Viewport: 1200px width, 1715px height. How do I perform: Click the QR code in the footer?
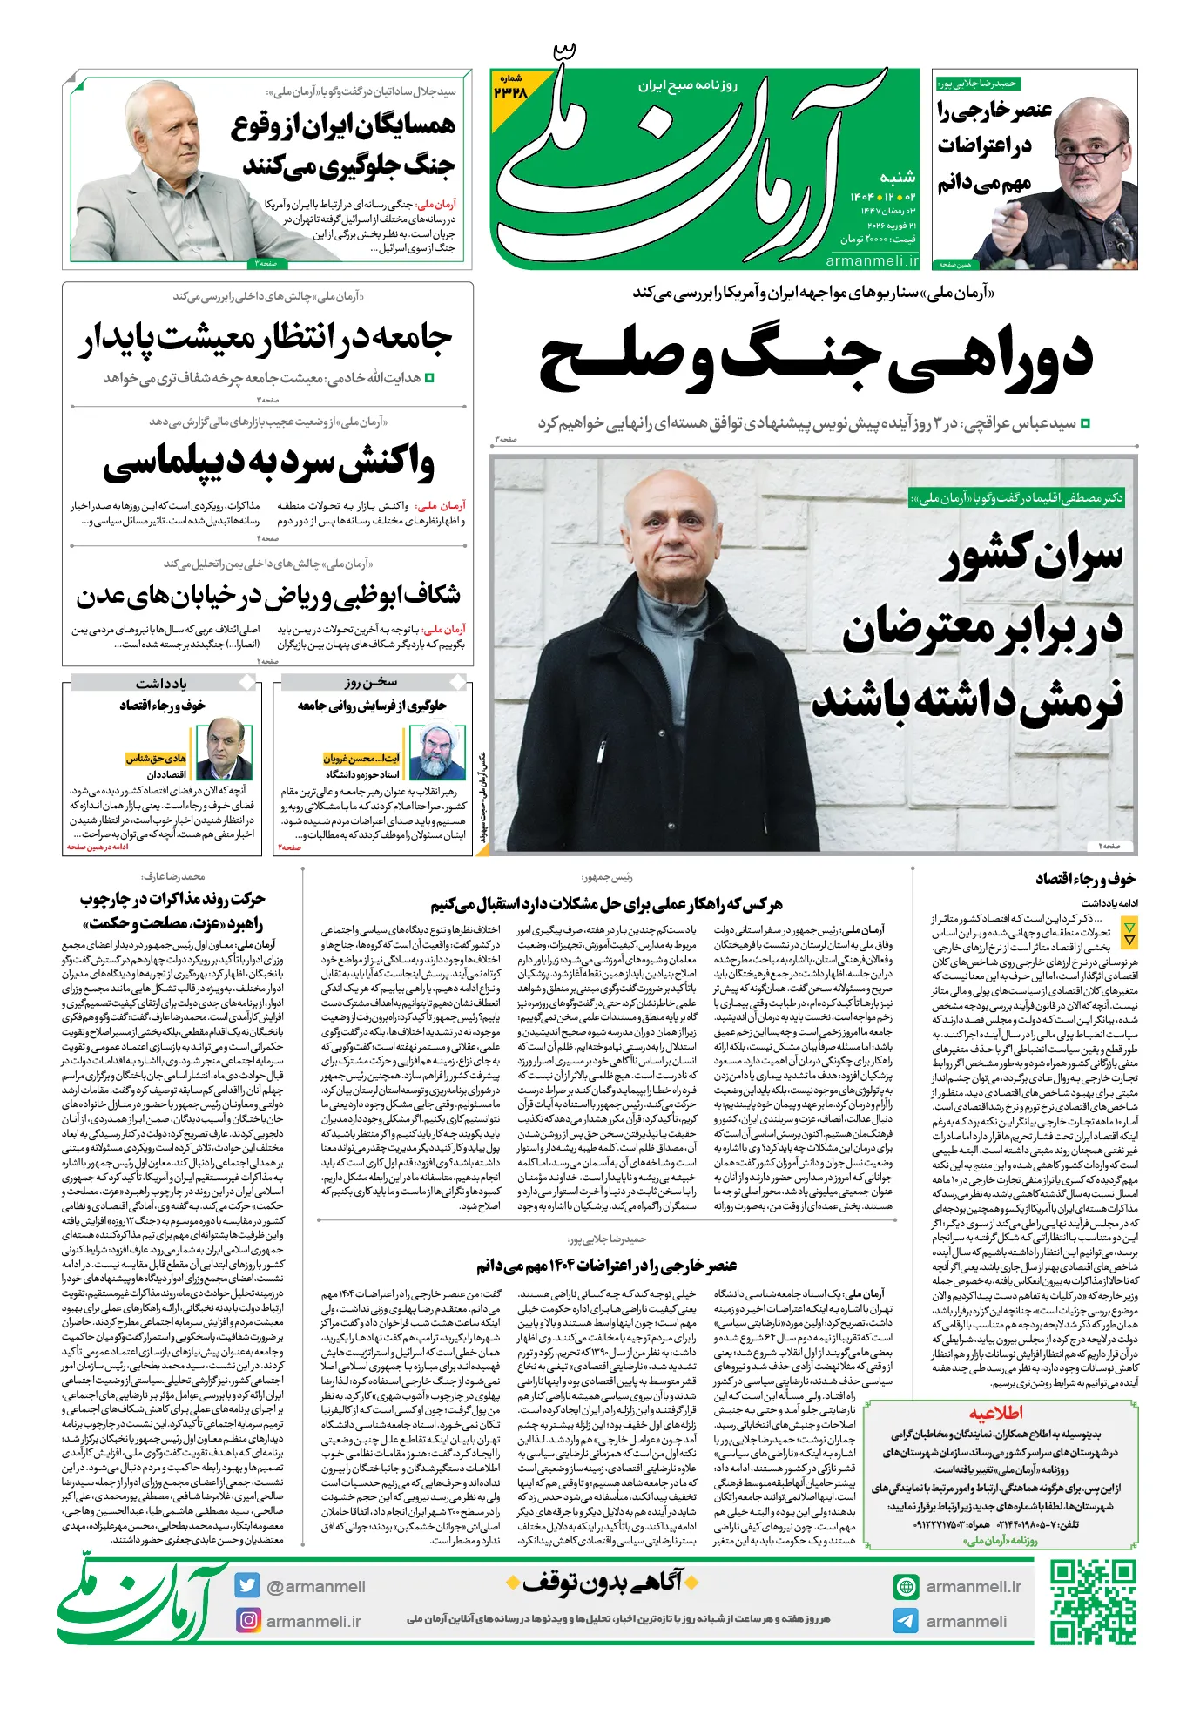(1092, 1603)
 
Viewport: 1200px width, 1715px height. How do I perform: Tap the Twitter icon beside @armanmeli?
(247, 1586)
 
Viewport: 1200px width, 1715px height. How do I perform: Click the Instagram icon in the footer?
(248, 1620)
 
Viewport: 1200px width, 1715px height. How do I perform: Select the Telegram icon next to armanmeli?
(906, 1621)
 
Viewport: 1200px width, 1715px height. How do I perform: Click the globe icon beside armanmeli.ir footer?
(906, 1587)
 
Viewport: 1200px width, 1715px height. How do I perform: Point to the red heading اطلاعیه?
(996, 1413)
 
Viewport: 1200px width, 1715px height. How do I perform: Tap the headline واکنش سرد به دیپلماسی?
(269, 463)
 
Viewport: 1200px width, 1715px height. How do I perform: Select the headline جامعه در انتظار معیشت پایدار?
(265, 339)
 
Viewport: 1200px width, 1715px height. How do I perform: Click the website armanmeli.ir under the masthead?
(872, 260)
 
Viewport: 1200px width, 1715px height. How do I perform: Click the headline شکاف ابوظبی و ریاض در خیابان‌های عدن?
(269, 597)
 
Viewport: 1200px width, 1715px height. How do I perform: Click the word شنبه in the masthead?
(897, 177)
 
